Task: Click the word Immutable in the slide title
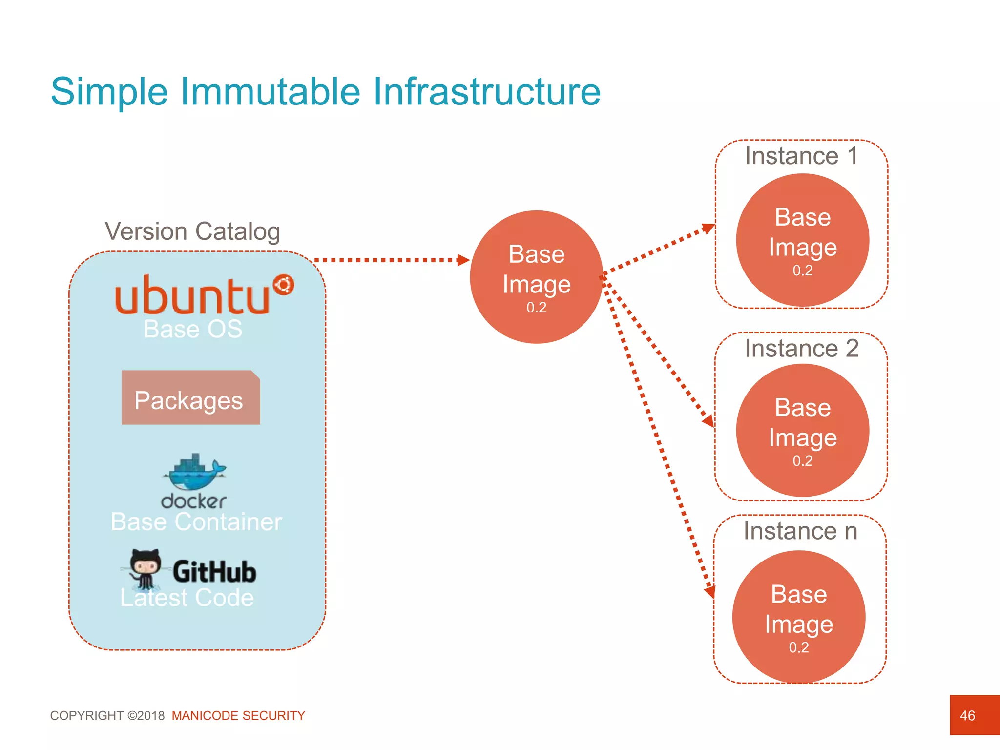pos(270,92)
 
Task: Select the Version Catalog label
pos(192,231)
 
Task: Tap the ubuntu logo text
pos(192,295)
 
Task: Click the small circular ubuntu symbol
pos(284,285)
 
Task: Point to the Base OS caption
pos(193,329)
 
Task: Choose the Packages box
pos(190,398)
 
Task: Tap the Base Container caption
pos(196,522)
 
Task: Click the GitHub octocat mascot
pos(145,567)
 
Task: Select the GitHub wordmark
pos(214,572)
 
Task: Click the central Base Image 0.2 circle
pos(536,277)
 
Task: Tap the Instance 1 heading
pos(801,156)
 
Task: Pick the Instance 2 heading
pos(801,349)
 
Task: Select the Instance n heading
pos(800,531)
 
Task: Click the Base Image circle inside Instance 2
pos(802,430)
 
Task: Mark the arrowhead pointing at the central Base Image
pos(463,260)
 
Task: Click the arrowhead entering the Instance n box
pos(709,592)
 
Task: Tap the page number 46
pos(967,716)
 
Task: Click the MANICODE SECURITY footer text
pos(238,716)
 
